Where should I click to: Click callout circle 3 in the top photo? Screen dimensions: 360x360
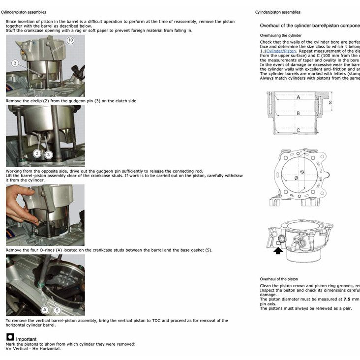tap(15, 63)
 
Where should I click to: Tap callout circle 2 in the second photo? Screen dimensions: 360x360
tap(37, 153)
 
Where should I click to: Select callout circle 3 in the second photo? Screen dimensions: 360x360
tap(48, 154)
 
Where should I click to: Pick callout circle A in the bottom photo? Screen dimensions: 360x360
tap(45, 309)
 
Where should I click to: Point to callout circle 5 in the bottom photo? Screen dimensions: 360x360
tap(57, 310)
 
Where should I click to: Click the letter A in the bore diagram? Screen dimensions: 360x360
tap(298, 97)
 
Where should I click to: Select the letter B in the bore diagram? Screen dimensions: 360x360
tap(298, 113)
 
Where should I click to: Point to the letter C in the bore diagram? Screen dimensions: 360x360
tap(298, 130)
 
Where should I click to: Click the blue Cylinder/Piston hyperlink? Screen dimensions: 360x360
tap(281, 51)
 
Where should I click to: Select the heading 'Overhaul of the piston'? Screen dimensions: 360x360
tap(279, 279)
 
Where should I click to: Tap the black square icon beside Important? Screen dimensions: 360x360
tap(10, 337)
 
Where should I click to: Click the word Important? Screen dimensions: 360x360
tap(26, 339)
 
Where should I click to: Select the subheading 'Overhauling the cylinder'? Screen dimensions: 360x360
tap(281, 35)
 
